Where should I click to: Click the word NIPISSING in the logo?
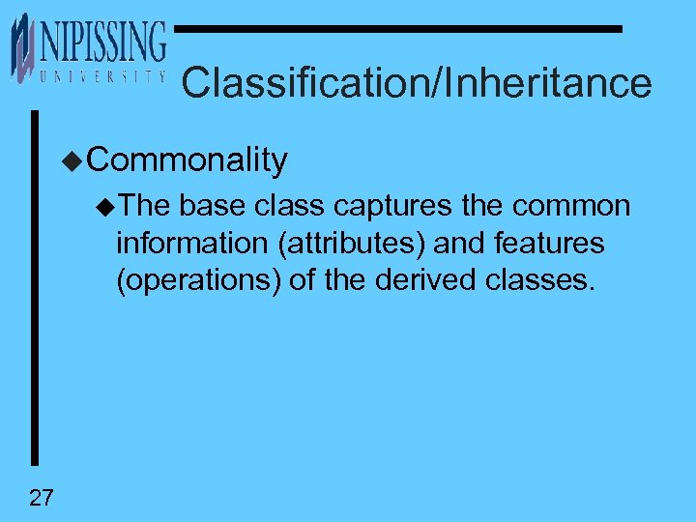(x=102, y=44)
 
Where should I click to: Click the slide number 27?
(x=42, y=498)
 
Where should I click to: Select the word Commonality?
(x=188, y=159)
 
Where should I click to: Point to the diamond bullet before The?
(x=105, y=207)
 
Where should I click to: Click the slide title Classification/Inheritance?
(x=416, y=83)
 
